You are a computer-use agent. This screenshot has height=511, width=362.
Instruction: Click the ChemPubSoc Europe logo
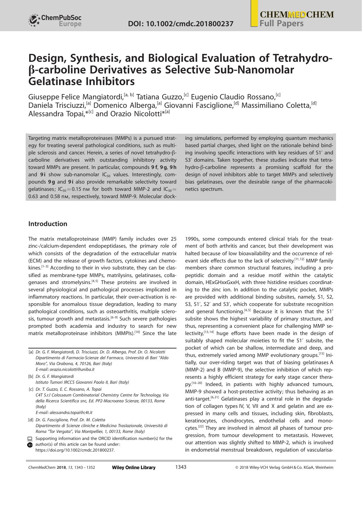55,21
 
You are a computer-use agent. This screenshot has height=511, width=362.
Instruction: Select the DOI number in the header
181,24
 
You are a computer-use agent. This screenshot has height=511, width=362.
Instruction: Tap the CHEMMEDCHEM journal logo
297,15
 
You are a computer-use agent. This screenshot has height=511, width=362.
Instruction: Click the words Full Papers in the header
281,24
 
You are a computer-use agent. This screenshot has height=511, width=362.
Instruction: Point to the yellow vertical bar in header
254,13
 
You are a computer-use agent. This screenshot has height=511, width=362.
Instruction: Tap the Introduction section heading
48,224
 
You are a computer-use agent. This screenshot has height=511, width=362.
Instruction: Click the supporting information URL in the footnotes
75,450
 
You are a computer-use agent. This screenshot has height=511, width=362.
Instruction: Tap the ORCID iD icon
30,445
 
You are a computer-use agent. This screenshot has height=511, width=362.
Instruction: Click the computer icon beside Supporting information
30,439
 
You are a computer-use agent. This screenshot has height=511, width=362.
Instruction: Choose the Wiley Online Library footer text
134,468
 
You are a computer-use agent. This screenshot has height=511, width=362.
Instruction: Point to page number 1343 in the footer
181,467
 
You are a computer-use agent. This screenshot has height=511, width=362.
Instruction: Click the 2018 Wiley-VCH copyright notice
284,468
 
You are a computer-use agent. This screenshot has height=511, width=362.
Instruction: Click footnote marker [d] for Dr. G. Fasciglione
31,420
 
